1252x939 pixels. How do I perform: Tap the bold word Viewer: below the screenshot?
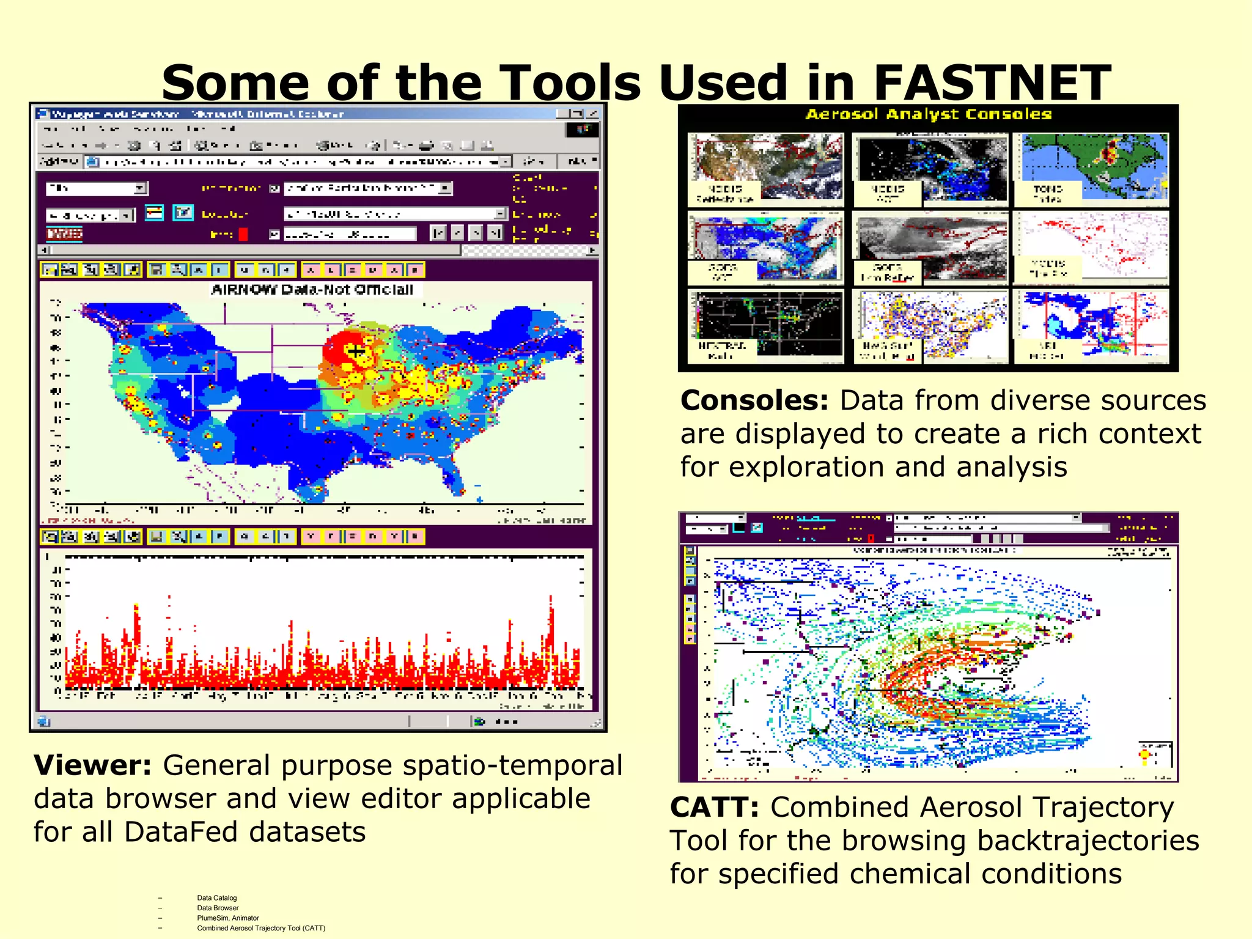pos(92,765)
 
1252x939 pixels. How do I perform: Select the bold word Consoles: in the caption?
pos(754,401)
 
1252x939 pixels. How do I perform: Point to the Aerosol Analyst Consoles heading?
pos(928,114)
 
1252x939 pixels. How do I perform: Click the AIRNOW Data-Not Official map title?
pos(312,290)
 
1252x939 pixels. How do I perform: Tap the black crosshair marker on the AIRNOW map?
pos(356,351)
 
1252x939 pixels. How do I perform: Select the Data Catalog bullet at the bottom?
pos(216,898)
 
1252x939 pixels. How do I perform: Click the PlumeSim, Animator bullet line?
pos(227,918)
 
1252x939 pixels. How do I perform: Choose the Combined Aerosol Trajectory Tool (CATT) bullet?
pos(260,928)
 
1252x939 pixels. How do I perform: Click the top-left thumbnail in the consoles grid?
pos(765,169)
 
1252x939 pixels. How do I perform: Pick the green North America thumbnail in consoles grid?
pos(1091,169)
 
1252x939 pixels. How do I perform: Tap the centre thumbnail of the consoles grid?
pos(930,248)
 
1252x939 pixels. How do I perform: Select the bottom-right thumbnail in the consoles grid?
pos(1091,326)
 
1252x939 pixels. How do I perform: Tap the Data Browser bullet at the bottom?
pos(218,908)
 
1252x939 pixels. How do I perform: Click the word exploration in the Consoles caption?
pos(806,468)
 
